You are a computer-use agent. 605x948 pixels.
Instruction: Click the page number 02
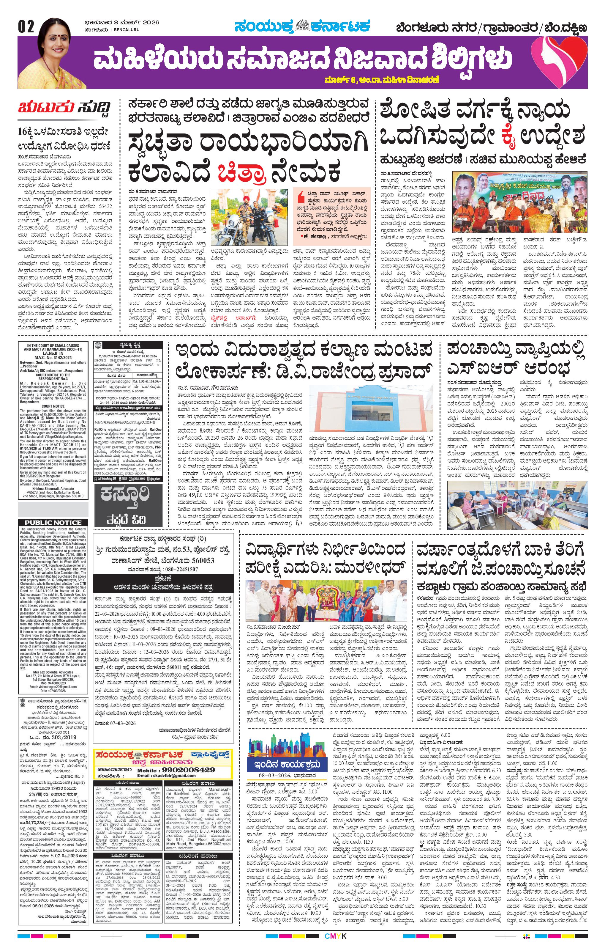click(26, 26)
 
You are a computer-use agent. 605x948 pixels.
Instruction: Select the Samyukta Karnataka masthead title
click(302, 27)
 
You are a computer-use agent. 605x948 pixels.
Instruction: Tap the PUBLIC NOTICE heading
click(53, 522)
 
